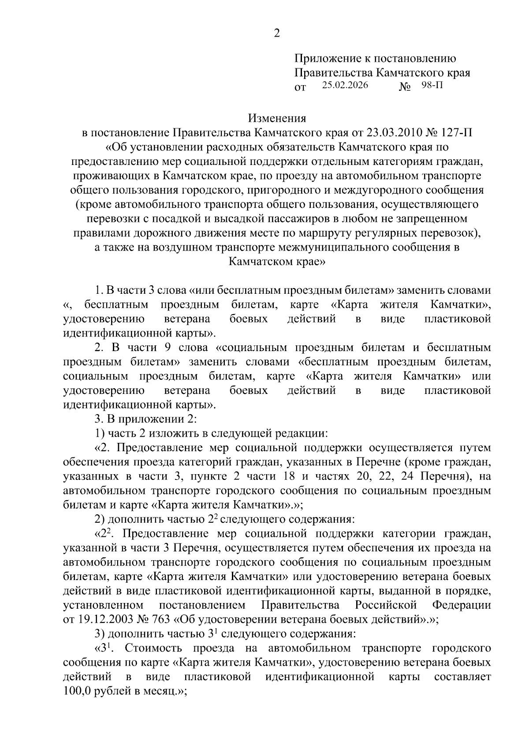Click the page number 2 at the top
277,33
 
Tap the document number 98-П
432,85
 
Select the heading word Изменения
277,118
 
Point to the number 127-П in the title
454,132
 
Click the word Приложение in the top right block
322,58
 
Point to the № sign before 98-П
405,87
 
